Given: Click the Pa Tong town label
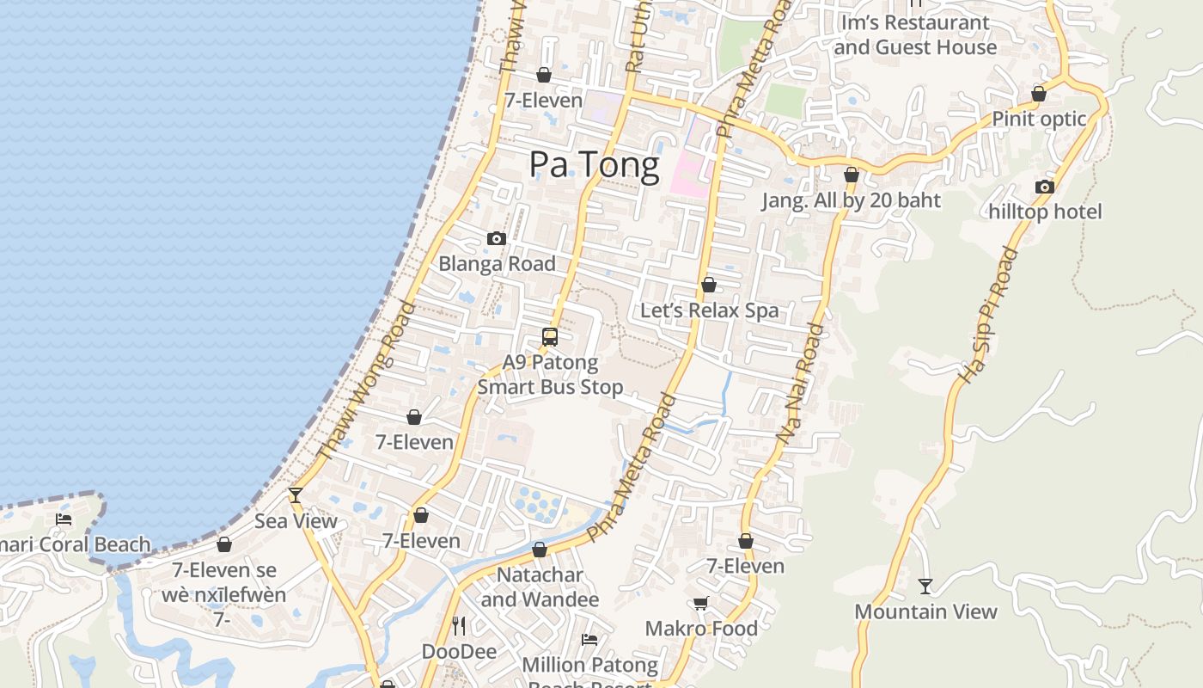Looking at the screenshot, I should point(594,164).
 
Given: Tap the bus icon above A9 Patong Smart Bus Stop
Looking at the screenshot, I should point(550,337).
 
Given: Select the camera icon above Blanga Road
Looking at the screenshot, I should point(497,239).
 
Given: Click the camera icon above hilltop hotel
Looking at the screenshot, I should point(1045,187).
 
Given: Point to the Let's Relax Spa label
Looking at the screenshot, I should point(709,310).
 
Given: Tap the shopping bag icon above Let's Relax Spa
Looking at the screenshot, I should point(709,285).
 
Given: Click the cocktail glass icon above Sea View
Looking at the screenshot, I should point(296,494).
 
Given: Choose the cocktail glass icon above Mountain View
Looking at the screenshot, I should point(925,587).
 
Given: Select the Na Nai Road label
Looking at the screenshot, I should point(801,384).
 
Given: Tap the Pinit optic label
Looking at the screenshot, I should point(1039,119).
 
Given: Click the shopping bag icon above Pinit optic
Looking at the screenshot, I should point(1039,94).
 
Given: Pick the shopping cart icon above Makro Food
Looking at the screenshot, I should point(701,604).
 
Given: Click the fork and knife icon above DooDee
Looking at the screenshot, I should point(459,625).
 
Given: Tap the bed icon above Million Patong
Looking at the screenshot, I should point(589,640).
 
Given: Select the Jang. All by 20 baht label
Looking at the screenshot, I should point(851,200).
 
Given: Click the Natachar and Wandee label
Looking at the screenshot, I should point(540,587).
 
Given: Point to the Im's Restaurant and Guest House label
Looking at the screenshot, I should point(915,34).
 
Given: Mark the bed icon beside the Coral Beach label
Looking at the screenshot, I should point(64,519).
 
